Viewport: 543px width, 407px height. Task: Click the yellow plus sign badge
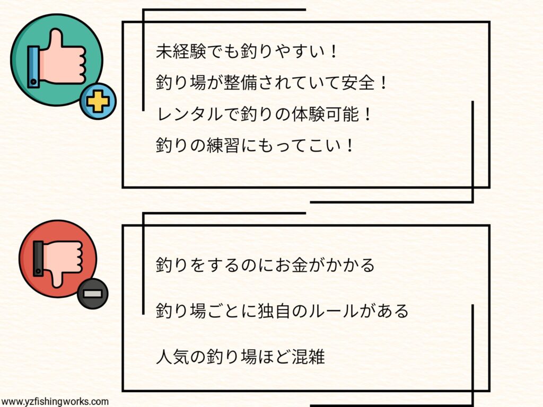tap(98, 101)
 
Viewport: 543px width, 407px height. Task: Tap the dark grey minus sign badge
tap(92, 292)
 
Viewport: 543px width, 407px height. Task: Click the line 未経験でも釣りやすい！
tap(247, 51)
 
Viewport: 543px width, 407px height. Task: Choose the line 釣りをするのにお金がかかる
tap(265, 264)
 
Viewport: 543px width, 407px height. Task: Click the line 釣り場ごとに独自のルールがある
tap(282, 311)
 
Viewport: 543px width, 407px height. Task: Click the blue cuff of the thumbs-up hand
tap(34, 66)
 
